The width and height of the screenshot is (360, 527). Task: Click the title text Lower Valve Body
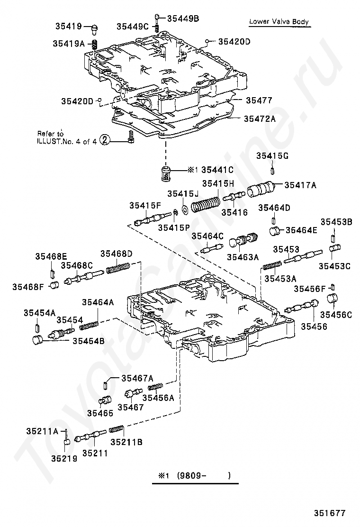tap(279, 22)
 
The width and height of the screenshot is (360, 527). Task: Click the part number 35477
tap(258, 100)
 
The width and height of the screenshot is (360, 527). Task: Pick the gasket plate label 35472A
tap(260, 119)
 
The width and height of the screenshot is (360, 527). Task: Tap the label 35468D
tap(116, 254)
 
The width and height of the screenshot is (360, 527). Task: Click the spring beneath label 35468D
tap(118, 268)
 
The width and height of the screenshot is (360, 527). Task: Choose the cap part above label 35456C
tap(334, 299)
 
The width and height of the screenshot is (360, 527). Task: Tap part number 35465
tap(100, 413)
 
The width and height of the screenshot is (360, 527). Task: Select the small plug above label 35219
tap(67, 442)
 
